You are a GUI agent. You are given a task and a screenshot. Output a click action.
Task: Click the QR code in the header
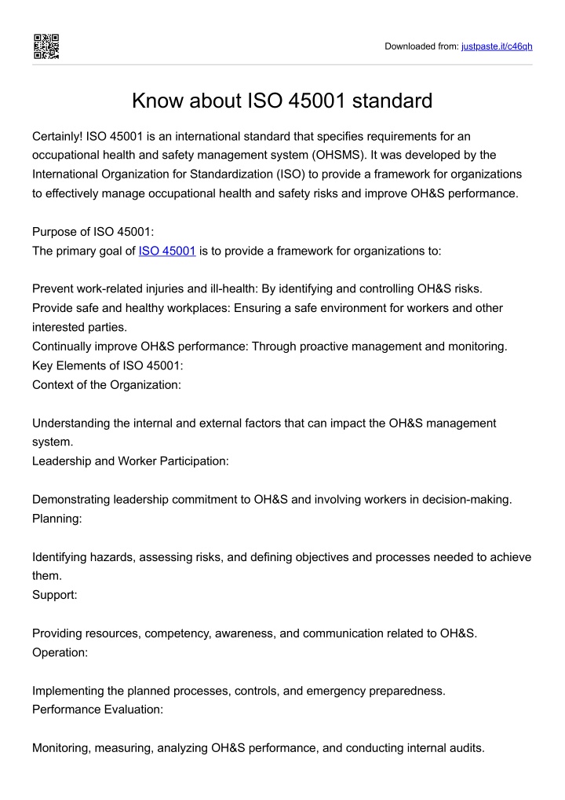[x=46, y=46]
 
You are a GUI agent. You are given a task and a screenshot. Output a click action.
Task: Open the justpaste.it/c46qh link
[x=497, y=46]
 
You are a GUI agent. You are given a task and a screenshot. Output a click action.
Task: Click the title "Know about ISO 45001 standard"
[x=282, y=101]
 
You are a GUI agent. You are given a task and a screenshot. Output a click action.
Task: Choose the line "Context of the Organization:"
[x=107, y=385]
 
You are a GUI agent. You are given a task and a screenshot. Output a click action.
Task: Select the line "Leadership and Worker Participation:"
[x=130, y=461]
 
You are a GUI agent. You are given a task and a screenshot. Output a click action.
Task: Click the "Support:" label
[x=55, y=594]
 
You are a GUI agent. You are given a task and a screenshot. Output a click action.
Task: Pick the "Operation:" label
[x=61, y=652]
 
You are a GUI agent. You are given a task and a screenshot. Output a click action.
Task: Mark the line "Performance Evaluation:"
[x=97, y=710]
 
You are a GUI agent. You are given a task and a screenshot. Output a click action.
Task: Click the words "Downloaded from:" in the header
[x=420, y=46]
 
